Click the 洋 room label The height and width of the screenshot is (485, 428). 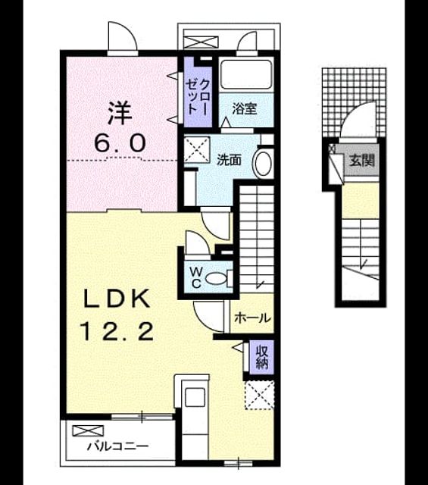click(120, 113)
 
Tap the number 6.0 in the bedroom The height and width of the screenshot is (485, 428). click(120, 143)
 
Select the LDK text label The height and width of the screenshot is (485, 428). click(117, 299)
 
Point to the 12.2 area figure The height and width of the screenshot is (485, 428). click(117, 331)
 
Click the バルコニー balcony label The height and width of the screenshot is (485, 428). click(117, 446)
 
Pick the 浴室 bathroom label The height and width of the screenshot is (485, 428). click(245, 108)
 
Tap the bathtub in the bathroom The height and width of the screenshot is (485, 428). click(246, 74)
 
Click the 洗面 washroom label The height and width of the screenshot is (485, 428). click(229, 160)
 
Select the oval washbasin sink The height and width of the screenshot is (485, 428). click(263, 164)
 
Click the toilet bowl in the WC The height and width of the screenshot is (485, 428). click(216, 279)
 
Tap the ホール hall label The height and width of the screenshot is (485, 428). click(253, 318)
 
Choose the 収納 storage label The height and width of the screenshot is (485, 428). click(262, 357)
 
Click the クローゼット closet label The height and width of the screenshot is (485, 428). click(198, 98)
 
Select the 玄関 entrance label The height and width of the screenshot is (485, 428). click(362, 160)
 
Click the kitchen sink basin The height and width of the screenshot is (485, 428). click(195, 397)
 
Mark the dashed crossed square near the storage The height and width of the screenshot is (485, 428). click(260, 396)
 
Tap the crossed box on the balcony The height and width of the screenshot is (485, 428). click(88, 431)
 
